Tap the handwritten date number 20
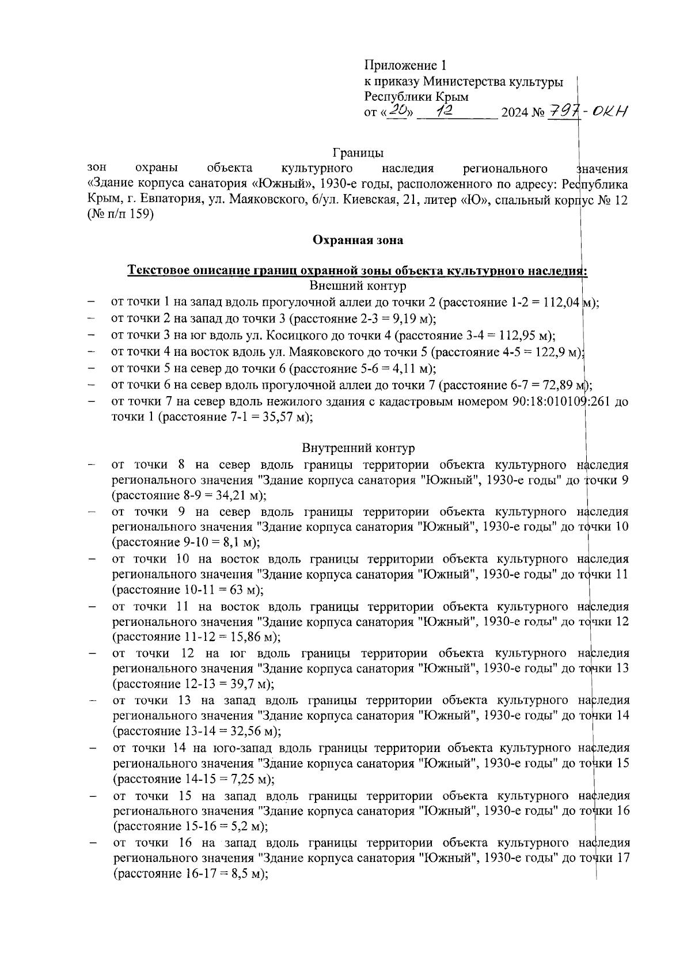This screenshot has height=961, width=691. (x=397, y=112)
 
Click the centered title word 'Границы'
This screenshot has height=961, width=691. (x=358, y=153)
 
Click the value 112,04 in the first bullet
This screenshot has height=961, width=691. (x=561, y=302)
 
